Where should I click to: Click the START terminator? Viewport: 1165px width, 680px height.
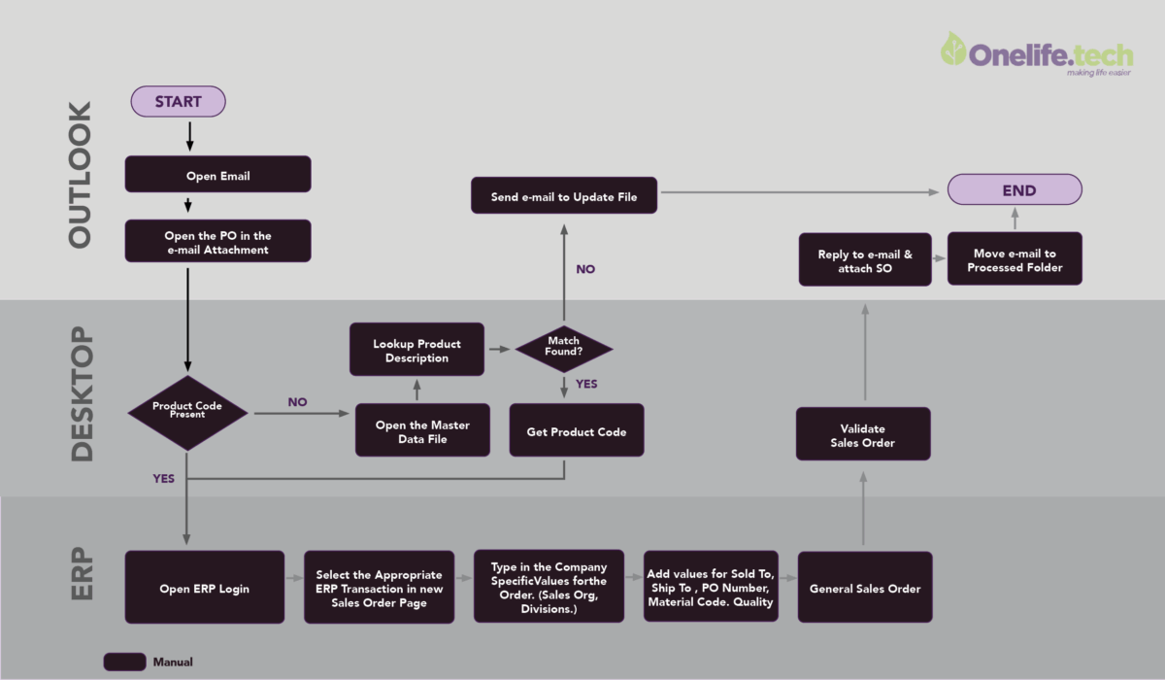tap(178, 101)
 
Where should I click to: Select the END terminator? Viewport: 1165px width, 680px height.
tap(1014, 190)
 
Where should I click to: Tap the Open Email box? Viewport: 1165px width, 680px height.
tap(217, 175)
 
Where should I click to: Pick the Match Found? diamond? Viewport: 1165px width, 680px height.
tap(563, 347)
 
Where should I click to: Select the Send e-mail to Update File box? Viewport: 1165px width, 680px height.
tap(564, 195)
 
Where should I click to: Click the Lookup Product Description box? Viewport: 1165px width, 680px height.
tap(416, 350)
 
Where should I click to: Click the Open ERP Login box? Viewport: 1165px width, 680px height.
tap(204, 588)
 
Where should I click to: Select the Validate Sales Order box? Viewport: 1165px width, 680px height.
tap(863, 434)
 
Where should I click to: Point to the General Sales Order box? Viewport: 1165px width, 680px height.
tap(864, 588)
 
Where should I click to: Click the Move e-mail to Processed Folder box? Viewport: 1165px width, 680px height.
tap(1014, 259)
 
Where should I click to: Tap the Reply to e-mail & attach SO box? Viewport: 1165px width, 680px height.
tap(864, 259)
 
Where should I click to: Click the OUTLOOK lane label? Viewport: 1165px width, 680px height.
tap(79, 174)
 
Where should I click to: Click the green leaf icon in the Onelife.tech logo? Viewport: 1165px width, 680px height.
tap(953, 49)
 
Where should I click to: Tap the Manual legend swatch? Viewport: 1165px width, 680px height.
tap(124, 662)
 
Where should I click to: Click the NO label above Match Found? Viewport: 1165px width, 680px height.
tap(585, 269)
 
